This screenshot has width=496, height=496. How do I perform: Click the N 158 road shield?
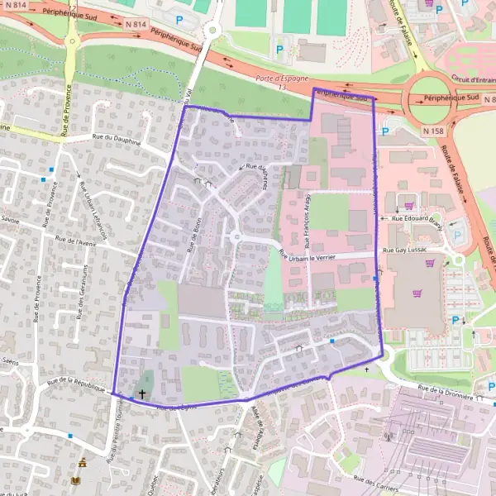coord(432,131)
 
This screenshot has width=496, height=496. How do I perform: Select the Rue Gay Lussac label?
coord(404,248)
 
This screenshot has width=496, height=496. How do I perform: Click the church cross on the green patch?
coord(142,394)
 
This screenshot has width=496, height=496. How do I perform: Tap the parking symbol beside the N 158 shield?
coord(385,131)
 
